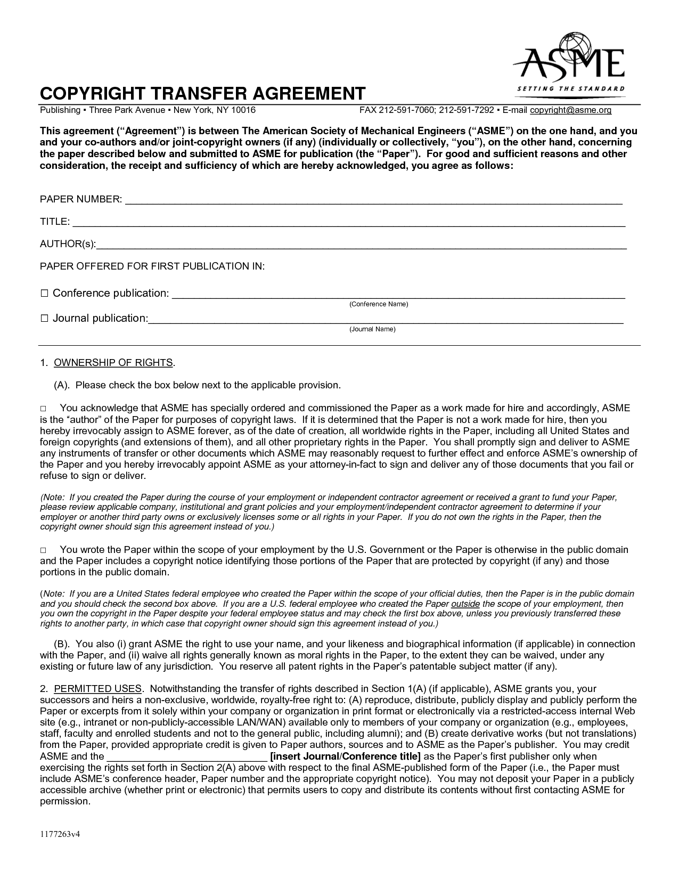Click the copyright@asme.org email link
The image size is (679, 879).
(x=570, y=110)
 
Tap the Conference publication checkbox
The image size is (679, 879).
(x=45, y=294)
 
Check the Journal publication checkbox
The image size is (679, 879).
(x=45, y=319)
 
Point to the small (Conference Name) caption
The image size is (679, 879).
(x=378, y=304)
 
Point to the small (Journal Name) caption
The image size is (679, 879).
(x=372, y=329)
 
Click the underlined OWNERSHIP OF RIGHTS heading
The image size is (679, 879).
(x=113, y=363)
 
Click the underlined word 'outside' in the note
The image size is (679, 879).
(x=465, y=604)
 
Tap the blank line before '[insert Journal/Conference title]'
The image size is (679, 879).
(x=187, y=758)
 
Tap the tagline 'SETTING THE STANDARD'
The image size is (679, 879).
(x=571, y=88)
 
